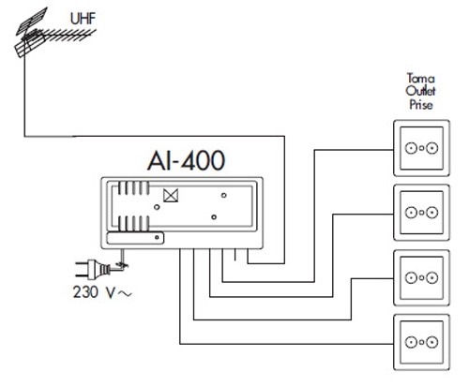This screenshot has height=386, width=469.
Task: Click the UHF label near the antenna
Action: (83, 19)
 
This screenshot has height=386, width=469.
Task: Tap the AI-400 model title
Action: (186, 160)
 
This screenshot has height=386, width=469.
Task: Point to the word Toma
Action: (421, 78)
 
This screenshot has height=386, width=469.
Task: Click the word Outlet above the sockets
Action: (421, 91)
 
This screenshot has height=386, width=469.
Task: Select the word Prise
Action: (421, 104)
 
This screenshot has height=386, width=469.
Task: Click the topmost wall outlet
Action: (421, 148)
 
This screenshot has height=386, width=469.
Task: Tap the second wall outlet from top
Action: (421, 213)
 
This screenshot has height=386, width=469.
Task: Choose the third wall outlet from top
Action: (421, 277)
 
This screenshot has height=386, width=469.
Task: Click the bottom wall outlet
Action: (421, 342)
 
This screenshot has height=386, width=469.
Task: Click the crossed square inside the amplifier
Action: (171, 196)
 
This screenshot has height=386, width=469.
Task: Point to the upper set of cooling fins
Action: (133, 188)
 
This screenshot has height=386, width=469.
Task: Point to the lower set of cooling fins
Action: (133, 223)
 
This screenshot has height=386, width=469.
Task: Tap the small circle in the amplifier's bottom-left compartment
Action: (157, 238)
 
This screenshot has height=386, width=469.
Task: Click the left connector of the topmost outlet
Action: (411, 148)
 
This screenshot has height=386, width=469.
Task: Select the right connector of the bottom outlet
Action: (432, 342)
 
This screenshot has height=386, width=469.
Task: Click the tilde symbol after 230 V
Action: (125, 293)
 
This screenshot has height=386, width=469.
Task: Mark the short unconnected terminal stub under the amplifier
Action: (234, 254)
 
